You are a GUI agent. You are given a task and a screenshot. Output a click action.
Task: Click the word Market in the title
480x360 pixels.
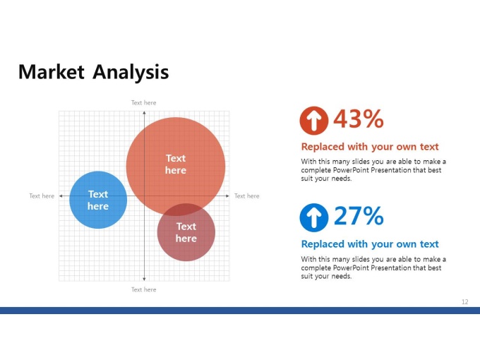click(x=51, y=72)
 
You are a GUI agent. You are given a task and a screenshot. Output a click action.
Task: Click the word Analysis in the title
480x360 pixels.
click(x=131, y=73)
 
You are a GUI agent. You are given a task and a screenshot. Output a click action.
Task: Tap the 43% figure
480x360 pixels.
click(x=359, y=119)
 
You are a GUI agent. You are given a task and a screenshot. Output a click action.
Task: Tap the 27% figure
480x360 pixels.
click(x=359, y=215)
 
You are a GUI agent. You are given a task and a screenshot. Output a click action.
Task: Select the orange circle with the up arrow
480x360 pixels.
click(x=314, y=121)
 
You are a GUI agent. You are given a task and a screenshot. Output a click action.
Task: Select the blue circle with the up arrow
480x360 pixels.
click(x=314, y=217)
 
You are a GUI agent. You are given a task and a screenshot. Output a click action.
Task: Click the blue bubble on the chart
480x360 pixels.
click(x=98, y=200)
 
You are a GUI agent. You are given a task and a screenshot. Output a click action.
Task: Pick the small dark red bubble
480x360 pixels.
click(x=186, y=232)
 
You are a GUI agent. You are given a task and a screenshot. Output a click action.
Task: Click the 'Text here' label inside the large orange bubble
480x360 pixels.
click(x=176, y=164)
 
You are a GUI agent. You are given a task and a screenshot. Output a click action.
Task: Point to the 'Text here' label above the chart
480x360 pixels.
click(x=143, y=103)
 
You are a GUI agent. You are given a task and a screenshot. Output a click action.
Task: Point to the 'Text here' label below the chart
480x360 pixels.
click(x=143, y=289)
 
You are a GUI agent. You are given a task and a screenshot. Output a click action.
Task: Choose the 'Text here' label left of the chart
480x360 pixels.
click(x=42, y=196)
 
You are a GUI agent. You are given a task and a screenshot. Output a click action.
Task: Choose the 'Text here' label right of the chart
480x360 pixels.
click(x=247, y=196)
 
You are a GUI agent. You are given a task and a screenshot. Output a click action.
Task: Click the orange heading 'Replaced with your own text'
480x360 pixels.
click(x=370, y=147)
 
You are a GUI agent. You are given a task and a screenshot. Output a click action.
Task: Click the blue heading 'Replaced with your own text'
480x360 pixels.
click(x=370, y=244)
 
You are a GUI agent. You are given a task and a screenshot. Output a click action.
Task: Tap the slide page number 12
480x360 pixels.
click(x=465, y=302)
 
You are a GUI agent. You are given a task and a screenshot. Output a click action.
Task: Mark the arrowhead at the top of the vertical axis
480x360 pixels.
click(x=144, y=113)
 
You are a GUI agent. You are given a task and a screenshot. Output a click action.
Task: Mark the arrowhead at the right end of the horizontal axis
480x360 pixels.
click(x=227, y=196)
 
